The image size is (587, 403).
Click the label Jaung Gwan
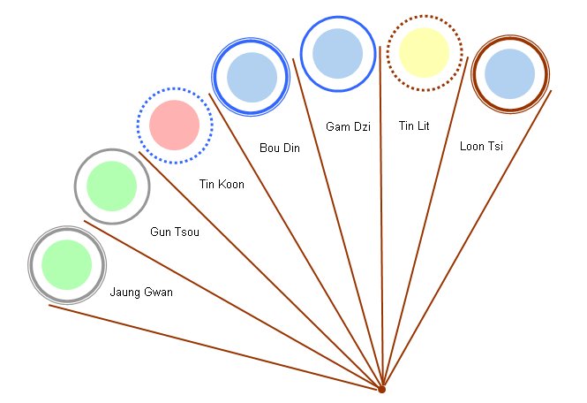(x=140, y=292)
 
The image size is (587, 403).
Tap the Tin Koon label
(x=222, y=185)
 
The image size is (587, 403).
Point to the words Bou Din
(x=279, y=148)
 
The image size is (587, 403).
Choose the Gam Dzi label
(x=348, y=127)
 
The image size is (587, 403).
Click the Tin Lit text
(x=413, y=126)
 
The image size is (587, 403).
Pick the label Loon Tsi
(x=481, y=146)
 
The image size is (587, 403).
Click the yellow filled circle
(x=425, y=52)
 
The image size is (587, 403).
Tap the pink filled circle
(x=174, y=125)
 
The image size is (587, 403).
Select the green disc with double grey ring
(x=67, y=264)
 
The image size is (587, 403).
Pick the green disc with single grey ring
(x=111, y=186)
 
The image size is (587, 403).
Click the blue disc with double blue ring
(x=252, y=76)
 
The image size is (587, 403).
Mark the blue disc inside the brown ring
(x=510, y=73)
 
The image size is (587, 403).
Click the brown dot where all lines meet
(x=381, y=389)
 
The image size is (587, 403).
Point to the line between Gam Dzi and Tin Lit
(x=380, y=221)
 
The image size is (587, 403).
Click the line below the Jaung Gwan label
(x=212, y=346)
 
